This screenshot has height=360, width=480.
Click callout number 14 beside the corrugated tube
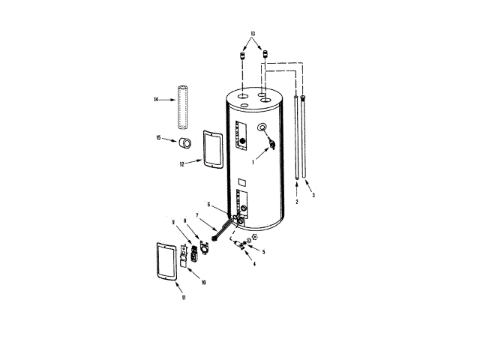[155, 100]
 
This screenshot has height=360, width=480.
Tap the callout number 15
[158, 137]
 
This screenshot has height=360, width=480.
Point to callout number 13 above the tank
[253, 34]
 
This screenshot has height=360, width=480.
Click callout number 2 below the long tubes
[297, 202]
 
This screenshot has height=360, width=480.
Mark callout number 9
[174, 221]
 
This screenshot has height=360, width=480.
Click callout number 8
[185, 221]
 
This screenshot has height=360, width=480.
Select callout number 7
[197, 216]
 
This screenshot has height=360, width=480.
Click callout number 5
[263, 251]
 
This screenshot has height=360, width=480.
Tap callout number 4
[253, 265]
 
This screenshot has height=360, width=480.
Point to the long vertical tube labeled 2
[297, 139]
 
